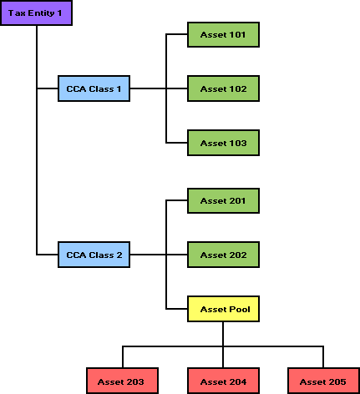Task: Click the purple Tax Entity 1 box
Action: point(36,13)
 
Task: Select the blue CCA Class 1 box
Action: point(94,88)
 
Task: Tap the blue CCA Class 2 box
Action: point(94,255)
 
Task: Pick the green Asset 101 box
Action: point(223,34)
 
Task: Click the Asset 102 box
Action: point(223,88)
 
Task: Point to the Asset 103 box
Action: point(223,143)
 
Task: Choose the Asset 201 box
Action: point(223,200)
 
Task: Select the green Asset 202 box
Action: point(223,255)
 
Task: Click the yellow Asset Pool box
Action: point(223,309)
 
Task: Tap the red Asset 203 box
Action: point(122,381)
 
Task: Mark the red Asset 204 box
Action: point(223,381)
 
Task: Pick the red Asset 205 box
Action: point(323,381)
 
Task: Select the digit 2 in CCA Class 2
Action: point(119,255)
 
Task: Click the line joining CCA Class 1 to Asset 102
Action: point(159,88)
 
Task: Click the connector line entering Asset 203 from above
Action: point(123,357)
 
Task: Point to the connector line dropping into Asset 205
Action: point(323,357)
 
